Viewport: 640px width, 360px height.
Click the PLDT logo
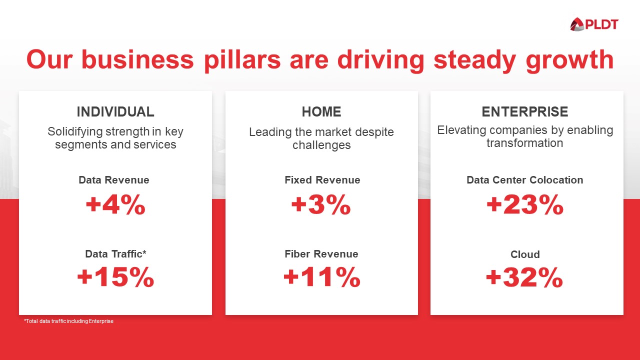[594, 24]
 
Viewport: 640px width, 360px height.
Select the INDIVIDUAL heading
[115, 111]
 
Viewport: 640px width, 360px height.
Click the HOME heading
[321, 111]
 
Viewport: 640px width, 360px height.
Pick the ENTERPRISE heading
[525, 111]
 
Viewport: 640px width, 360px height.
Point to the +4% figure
[115, 204]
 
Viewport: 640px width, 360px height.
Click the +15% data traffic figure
[115, 277]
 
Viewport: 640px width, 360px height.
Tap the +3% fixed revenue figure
[321, 204]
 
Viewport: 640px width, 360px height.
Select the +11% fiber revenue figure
[321, 277]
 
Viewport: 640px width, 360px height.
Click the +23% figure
[525, 204]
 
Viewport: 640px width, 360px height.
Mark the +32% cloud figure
[524, 278]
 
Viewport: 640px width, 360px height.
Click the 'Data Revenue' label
[114, 180]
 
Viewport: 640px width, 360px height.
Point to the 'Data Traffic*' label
[115, 254]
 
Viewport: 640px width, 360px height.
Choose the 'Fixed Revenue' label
[322, 180]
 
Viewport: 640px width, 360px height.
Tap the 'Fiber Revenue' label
[321, 254]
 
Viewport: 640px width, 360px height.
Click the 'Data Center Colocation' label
[525, 180]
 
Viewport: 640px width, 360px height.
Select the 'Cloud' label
[525, 254]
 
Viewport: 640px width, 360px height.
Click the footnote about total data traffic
[69, 321]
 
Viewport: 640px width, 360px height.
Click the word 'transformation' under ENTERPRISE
[525, 143]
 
